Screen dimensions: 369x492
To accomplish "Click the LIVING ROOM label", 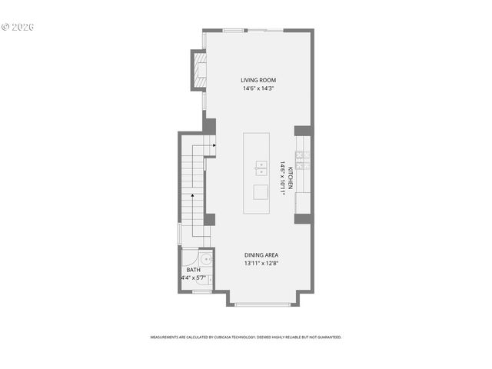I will coord(258,80).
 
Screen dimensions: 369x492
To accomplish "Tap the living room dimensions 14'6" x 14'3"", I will coord(258,88).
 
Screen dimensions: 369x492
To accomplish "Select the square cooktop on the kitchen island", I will coord(261,191).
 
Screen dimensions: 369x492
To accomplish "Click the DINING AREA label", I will coord(261,255).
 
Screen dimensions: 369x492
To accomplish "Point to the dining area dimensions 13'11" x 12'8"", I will coord(261,264).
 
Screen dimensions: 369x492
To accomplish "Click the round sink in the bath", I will coord(190,258).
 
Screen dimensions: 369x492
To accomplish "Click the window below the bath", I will coord(201,292).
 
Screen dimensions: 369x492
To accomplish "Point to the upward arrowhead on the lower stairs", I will coord(192,197).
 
